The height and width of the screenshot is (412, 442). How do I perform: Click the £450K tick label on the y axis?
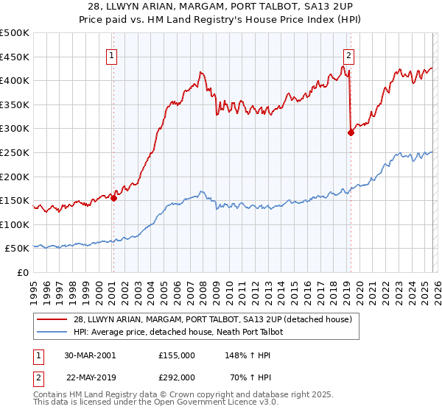pyautogui.click(x=15, y=57)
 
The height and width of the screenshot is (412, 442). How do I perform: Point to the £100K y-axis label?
pyautogui.click(x=15, y=224)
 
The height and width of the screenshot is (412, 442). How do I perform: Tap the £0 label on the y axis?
pyautogui.click(x=22, y=272)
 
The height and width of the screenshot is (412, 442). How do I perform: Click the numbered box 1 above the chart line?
pyautogui.click(x=112, y=54)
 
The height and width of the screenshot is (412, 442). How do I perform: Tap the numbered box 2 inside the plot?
pyautogui.click(x=348, y=54)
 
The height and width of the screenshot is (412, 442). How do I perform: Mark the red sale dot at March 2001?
pyautogui.click(x=114, y=198)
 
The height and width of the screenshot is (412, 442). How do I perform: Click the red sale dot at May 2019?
pyautogui.click(x=351, y=132)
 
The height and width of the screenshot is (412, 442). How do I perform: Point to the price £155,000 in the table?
pyautogui.click(x=177, y=355)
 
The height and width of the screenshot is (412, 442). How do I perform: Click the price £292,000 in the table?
pyautogui.click(x=177, y=377)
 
